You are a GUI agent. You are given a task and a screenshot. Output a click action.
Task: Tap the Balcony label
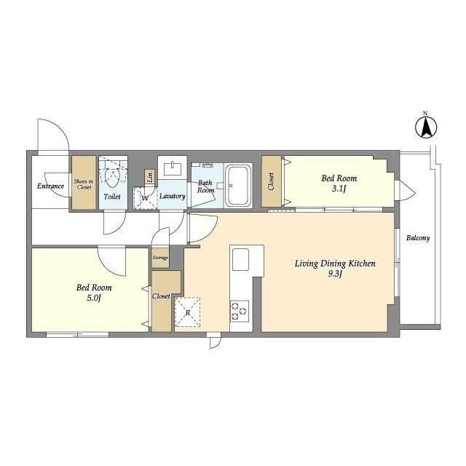point(418,238)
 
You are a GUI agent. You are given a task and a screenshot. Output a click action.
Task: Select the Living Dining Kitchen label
point(335,264)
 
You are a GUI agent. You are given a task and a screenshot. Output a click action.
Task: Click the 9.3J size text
point(335,274)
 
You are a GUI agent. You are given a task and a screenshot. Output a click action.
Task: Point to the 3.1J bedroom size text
point(339,189)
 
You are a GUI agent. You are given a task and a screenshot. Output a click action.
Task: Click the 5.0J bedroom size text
point(94,298)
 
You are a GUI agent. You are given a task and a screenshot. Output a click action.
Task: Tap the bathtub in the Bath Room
point(238,186)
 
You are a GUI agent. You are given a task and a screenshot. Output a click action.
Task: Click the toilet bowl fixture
point(113,177)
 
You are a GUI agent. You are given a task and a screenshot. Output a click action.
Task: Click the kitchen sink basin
point(240,259)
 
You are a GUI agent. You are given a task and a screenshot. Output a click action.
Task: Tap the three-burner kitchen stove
point(240,311)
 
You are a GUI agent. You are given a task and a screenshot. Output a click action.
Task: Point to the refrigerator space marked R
point(188,312)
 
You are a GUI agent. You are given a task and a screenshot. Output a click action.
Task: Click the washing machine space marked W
point(145,198)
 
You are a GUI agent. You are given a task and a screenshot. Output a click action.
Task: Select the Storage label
point(160,258)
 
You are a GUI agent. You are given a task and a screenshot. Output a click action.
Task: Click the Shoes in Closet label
point(84,184)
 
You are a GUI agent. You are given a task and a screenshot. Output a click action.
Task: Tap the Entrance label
point(50,186)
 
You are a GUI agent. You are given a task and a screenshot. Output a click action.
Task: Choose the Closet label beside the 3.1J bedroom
point(271,181)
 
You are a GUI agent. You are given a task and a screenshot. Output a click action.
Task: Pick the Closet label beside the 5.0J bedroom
point(161,296)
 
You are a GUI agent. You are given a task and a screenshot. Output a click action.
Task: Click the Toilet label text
point(112,197)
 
